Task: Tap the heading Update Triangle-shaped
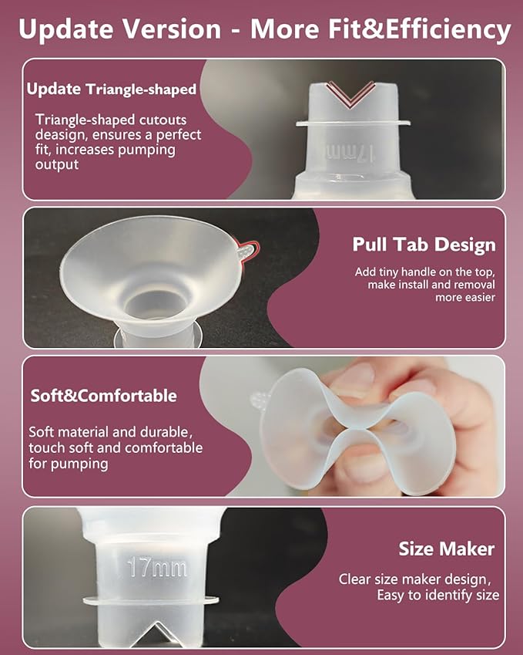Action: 111,89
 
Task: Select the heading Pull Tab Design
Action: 424,245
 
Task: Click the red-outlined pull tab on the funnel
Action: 244,251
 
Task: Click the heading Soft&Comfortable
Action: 103,396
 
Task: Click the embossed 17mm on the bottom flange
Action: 158,569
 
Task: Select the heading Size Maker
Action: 446,549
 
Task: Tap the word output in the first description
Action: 58,164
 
